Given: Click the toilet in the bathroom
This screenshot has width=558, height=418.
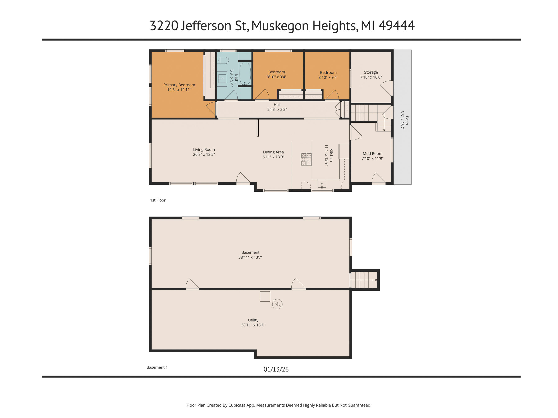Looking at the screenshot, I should (223, 60).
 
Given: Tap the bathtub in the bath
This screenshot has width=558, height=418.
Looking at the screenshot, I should (245, 74).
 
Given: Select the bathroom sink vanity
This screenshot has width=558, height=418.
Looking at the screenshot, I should (222, 79).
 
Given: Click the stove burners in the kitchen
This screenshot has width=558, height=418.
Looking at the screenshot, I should (306, 159).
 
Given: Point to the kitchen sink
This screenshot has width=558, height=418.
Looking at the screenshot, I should (322, 184).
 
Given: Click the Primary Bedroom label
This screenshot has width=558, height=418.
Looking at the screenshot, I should (179, 85).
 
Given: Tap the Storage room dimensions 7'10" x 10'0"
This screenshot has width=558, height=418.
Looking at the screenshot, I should (371, 77).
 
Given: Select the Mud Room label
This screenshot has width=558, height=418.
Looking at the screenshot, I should (372, 153).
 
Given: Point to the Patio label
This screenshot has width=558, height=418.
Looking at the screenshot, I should (407, 120).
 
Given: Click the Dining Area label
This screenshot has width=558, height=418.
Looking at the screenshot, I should (273, 152).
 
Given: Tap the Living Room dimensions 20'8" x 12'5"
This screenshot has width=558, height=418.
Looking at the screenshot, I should (204, 154).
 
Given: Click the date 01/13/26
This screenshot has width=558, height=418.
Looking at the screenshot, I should (276, 369).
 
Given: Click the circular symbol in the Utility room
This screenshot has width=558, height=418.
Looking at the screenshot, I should (277, 304).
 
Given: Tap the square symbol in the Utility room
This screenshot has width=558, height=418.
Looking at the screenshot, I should (265, 297).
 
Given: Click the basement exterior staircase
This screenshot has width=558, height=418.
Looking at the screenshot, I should (364, 280).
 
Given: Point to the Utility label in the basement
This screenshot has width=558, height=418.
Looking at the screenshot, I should (253, 320).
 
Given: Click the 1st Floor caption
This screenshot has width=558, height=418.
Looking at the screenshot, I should (158, 200).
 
